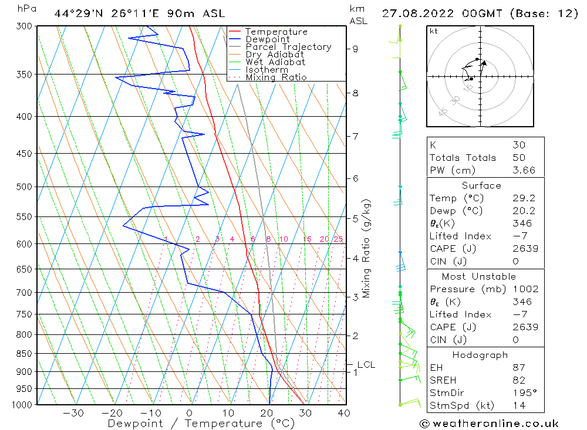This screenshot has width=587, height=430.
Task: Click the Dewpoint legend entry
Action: (267, 39)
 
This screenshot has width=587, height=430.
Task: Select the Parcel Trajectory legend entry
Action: (288, 47)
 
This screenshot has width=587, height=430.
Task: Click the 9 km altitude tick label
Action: (356, 49)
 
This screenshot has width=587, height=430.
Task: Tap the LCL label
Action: (366, 365)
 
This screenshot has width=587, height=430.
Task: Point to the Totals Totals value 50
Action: (518, 158)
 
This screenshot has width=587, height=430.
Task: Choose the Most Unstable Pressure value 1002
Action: (525, 289)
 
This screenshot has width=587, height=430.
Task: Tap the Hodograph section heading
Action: (481, 355)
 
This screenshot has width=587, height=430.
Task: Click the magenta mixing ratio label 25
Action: (338, 239)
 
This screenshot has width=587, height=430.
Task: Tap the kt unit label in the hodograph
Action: (434, 31)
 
